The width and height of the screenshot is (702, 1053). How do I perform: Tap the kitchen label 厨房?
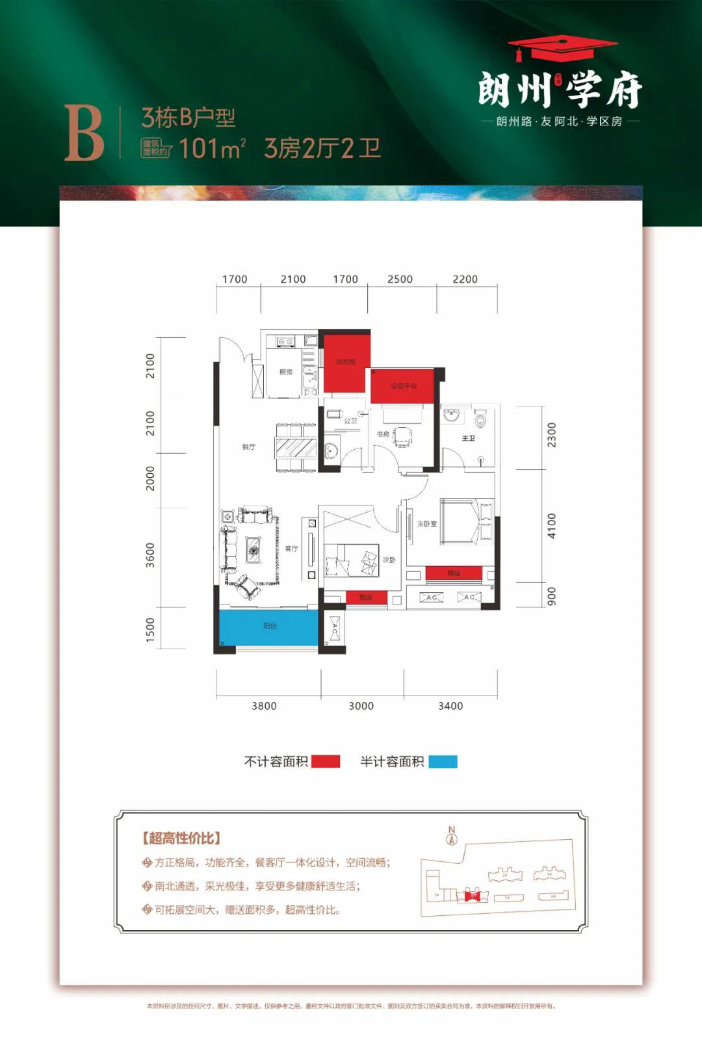pyautogui.click(x=285, y=372)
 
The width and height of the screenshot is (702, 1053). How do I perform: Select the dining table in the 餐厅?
pyautogui.click(x=296, y=448)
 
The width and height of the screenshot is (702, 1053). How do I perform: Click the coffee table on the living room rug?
pyautogui.click(x=253, y=550)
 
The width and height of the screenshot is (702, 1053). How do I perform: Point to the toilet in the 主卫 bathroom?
pyautogui.click(x=480, y=419)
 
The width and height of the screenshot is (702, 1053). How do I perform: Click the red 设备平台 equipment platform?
pyautogui.click(x=403, y=386)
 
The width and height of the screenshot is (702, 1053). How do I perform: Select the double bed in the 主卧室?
pyautogui.click(x=467, y=521)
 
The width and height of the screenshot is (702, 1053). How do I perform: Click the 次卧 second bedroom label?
pyautogui.click(x=389, y=560)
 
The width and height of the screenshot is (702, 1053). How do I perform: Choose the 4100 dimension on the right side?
pyautogui.click(x=551, y=525)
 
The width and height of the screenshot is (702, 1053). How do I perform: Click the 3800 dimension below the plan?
pyautogui.click(x=264, y=706)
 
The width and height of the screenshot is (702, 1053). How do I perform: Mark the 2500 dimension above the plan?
pyautogui.click(x=400, y=279)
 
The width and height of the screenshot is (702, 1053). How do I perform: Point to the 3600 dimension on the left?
pyautogui.click(x=150, y=555)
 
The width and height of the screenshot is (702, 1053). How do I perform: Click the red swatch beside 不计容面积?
pyautogui.click(x=326, y=762)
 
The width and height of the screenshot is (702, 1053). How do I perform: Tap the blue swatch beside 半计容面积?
pyautogui.click(x=443, y=762)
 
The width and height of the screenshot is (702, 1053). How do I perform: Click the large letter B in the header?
pyautogui.click(x=84, y=134)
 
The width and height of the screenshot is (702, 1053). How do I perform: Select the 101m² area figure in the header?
pyautogui.click(x=212, y=149)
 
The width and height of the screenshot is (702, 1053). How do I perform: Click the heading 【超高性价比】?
pyautogui.click(x=181, y=838)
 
